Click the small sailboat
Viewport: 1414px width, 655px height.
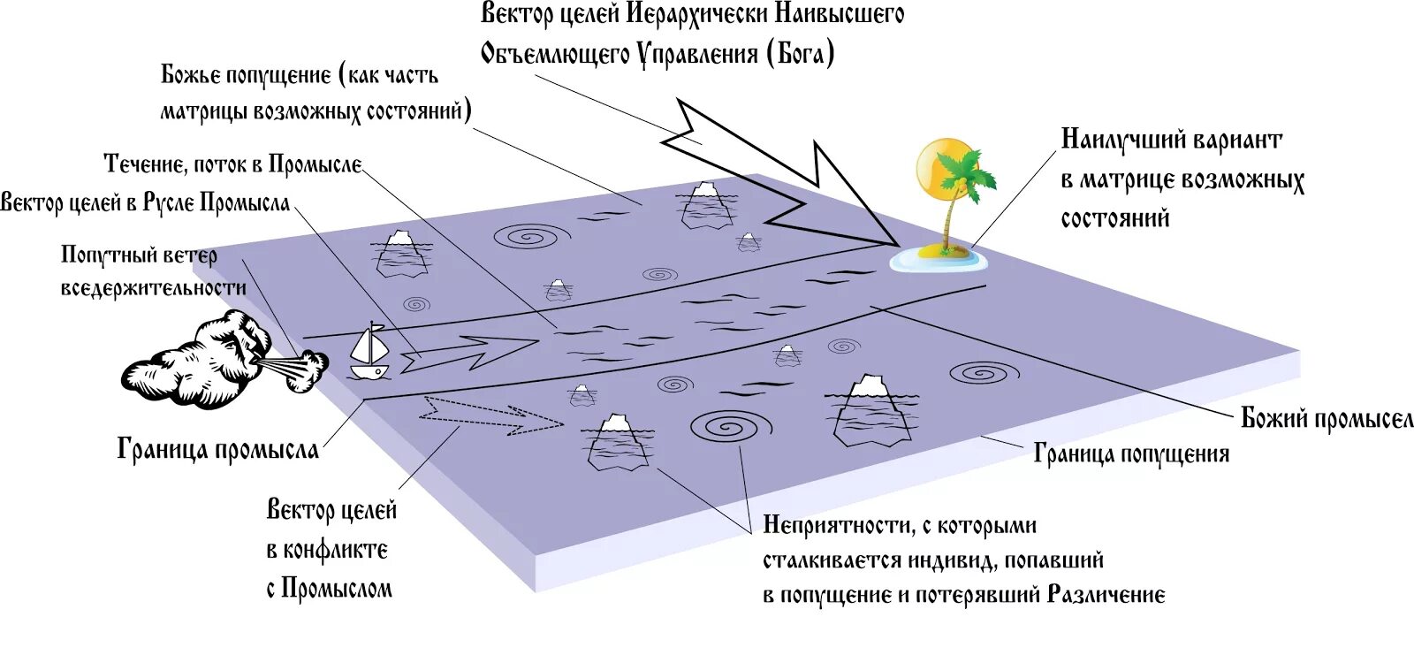click(x=369, y=352)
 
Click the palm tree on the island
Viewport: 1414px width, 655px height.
click(x=959, y=194)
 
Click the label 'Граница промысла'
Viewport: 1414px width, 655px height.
click(x=217, y=449)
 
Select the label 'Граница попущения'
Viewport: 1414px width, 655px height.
click(x=1131, y=454)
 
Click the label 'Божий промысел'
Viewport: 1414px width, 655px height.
click(x=1327, y=418)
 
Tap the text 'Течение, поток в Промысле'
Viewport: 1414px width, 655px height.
click(x=233, y=164)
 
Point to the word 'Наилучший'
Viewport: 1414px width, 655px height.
click(x=1121, y=140)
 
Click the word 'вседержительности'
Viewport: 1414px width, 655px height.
click(x=154, y=288)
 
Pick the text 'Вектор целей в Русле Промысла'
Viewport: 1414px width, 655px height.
click(x=146, y=202)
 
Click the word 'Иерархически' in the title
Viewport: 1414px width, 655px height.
click(x=696, y=14)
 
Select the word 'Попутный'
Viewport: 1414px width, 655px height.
click(x=97, y=255)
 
